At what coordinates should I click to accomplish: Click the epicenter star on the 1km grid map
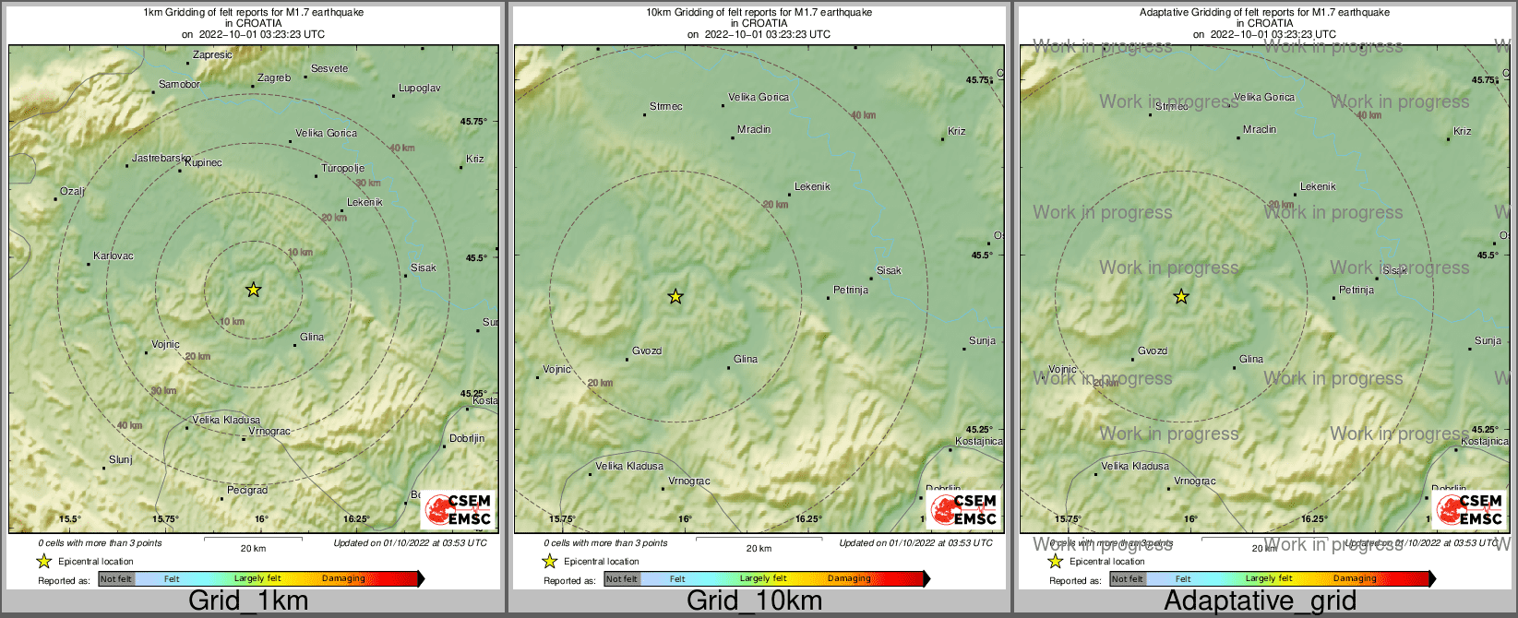[253, 290]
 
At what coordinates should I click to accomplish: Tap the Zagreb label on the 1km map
[274, 78]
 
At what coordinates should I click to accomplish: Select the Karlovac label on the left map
[114, 256]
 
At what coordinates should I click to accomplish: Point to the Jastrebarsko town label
[161, 159]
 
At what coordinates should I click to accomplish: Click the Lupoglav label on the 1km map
[419, 89]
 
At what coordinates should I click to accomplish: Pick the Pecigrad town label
[246, 491]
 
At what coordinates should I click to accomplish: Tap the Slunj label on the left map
[121, 459]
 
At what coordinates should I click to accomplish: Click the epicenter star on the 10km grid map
[675, 296]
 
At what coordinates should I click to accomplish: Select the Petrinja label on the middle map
[851, 291]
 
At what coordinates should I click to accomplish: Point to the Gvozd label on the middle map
[646, 351]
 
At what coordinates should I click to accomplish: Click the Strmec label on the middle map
[665, 107]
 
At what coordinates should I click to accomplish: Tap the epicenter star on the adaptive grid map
[1181, 296]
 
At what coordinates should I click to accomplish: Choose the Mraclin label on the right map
[1259, 130]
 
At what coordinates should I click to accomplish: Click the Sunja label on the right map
[1488, 341]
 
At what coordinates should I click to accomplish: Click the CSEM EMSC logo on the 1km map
[459, 510]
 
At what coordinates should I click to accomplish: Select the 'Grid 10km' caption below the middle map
[754, 601]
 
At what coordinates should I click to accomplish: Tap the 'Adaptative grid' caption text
[1260, 601]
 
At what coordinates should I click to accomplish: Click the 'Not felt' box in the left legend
[116, 579]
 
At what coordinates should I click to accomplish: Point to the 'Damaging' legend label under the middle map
[849, 579]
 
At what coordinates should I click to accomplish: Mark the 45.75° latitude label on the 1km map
[473, 122]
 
